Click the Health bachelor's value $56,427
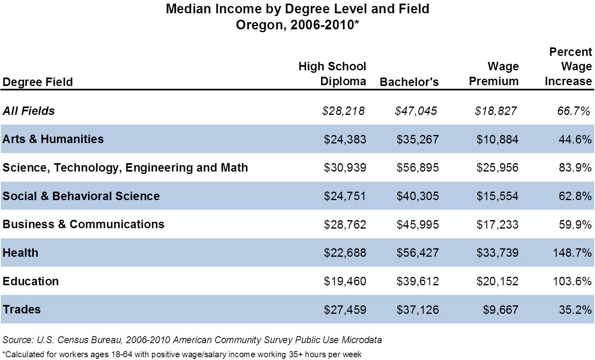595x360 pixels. pyautogui.click(x=417, y=253)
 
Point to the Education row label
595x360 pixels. pyautogui.click(x=31, y=281)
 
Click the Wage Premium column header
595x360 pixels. pyautogui.click(x=494, y=74)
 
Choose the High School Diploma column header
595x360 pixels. pyautogui.click(x=332, y=74)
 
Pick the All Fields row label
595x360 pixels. pyautogui.click(x=29, y=111)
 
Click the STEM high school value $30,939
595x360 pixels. pyautogui.click(x=345, y=168)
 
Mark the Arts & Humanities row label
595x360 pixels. pyautogui.click(x=53, y=139)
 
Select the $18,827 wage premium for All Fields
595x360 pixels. pyautogui.click(x=495, y=111)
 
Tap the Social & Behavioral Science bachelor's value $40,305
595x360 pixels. pyautogui.click(x=417, y=196)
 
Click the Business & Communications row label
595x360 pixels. pyautogui.click(x=83, y=224)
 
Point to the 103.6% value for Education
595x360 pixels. pyautogui.click(x=572, y=281)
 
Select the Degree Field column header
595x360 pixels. pyautogui.click(x=37, y=82)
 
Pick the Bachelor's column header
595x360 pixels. pyautogui.click(x=409, y=82)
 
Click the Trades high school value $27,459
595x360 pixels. pyautogui.click(x=345, y=310)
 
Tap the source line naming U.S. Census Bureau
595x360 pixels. pyautogui.click(x=192, y=340)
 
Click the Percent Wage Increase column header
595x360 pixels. pyautogui.click(x=568, y=67)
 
